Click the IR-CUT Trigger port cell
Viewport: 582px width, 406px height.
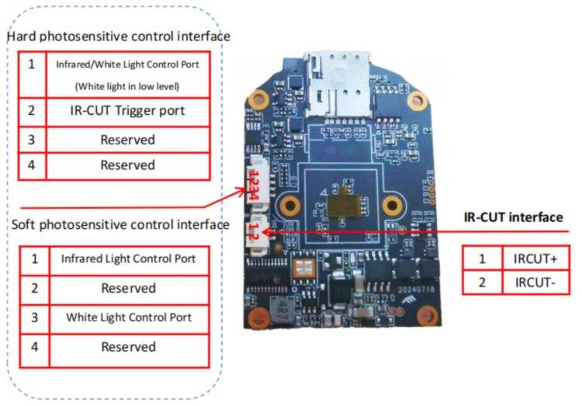tap(127, 111)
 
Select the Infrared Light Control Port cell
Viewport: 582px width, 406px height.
tap(127, 259)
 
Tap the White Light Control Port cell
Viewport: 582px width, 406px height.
tap(127, 318)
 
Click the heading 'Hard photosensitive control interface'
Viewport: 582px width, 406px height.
tap(119, 36)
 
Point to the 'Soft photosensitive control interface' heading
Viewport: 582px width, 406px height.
tap(120, 224)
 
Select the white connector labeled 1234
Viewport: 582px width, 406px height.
tap(256, 184)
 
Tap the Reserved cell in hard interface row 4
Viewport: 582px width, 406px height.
tap(127, 165)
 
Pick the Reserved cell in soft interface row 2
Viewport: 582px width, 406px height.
tap(127, 288)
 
